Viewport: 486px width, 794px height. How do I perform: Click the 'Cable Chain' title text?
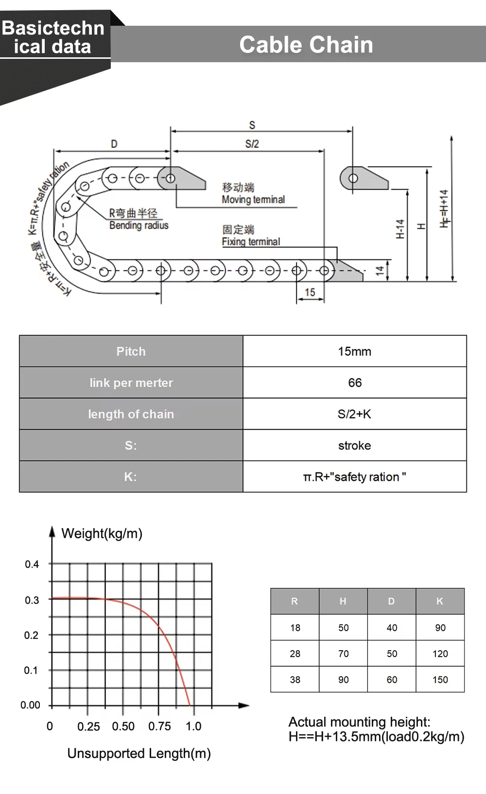point(306,45)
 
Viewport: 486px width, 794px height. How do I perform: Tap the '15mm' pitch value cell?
point(355,351)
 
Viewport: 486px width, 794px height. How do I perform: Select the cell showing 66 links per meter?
point(355,383)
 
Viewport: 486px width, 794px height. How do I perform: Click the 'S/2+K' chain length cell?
point(355,414)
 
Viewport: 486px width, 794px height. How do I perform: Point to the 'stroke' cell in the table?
point(355,446)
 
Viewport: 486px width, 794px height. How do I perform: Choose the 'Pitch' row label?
point(131,351)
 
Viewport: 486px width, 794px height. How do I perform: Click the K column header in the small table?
point(440,601)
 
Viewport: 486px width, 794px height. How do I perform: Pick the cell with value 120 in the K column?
point(440,654)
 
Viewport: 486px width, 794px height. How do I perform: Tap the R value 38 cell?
point(295,680)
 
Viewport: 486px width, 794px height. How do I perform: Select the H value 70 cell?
point(344,654)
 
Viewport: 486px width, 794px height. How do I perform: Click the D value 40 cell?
point(392,628)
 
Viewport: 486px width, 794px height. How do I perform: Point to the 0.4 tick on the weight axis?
point(32,564)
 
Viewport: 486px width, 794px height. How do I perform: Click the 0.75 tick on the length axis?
point(159,726)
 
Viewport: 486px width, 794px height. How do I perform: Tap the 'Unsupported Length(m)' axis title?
point(139,753)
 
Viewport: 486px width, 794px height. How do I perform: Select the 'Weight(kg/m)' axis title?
point(102,534)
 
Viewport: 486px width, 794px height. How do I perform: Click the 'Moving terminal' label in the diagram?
point(253,199)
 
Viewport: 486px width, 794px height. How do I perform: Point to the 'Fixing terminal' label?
point(251,242)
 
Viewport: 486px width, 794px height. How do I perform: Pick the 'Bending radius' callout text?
point(139,225)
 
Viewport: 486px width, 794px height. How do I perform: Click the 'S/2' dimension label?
point(252,144)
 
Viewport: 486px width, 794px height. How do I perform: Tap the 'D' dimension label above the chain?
point(114,144)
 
